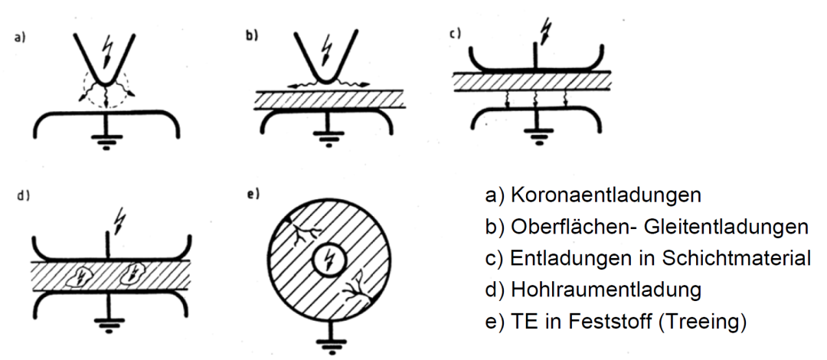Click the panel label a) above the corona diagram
(x=18, y=37)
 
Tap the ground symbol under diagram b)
(x=329, y=142)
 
